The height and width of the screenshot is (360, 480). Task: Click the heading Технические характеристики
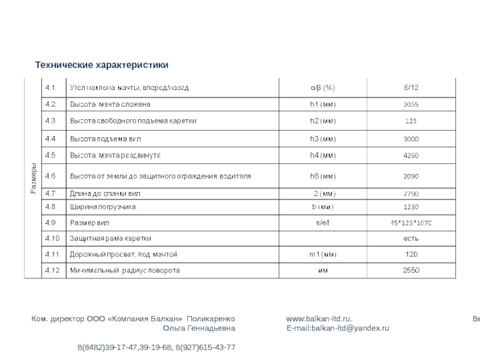[101, 64]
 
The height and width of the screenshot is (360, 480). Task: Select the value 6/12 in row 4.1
[411, 88]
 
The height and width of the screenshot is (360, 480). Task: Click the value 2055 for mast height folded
[411, 104]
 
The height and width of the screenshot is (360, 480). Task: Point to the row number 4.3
[50, 121]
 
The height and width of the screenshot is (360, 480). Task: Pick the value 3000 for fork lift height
[411, 139]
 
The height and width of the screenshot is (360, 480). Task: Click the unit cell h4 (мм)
[323, 156]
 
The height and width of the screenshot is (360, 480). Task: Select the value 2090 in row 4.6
[411, 176]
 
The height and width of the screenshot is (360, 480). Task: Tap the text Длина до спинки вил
[107, 194]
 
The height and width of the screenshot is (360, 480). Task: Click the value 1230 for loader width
[411, 207]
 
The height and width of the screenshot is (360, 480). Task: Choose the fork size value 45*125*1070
[411, 223]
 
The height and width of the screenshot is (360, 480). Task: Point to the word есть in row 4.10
[411, 239]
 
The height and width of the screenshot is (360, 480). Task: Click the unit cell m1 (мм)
[323, 254]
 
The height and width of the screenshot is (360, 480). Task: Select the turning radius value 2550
[411, 271]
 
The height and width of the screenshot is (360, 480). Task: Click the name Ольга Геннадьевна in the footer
[199, 329]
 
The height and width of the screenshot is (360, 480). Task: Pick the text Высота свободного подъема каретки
[134, 121]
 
